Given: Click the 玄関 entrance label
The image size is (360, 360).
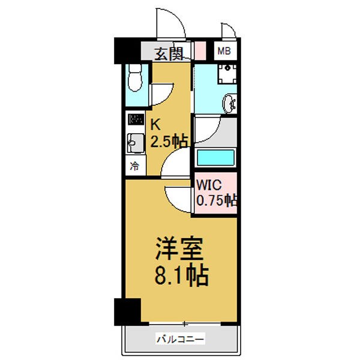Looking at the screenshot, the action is pyautogui.click(x=169, y=54).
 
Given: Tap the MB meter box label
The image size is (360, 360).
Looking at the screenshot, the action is pyautogui.click(x=224, y=51).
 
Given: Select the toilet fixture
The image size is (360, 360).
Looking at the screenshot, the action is pyautogui.click(x=135, y=77).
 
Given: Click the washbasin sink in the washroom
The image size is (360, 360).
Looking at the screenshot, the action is pyautogui.click(x=229, y=104).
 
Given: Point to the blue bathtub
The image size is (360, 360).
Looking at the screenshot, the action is pyautogui.click(x=215, y=157).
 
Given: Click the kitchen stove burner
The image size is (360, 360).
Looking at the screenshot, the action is pyautogui.click(x=136, y=119).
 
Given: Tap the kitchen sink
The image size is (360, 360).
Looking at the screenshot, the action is pyautogui.click(x=136, y=143).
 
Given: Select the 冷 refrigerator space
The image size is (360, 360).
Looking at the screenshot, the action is pyautogui.click(x=134, y=166).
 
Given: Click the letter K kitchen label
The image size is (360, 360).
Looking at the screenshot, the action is pyautogui.click(x=155, y=125).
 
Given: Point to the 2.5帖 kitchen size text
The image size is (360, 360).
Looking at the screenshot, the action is pyautogui.click(x=169, y=140).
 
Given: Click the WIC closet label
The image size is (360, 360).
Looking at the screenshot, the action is pyautogui.click(x=209, y=185).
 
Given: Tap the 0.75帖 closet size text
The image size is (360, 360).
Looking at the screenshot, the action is pyautogui.click(x=217, y=200).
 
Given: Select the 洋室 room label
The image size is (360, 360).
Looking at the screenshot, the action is pyautogui.click(x=179, y=248).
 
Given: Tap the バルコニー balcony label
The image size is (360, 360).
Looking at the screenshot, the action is pyautogui.click(x=180, y=339).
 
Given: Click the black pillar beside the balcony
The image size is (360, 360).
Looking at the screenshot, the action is pyautogui.click(x=127, y=312).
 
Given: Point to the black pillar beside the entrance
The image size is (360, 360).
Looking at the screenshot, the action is pyautogui.click(x=127, y=50).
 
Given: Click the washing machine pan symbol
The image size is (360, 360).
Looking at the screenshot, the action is pyautogui.click(x=227, y=74).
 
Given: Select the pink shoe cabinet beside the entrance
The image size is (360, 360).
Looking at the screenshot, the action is pyautogui.click(x=200, y=51).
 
